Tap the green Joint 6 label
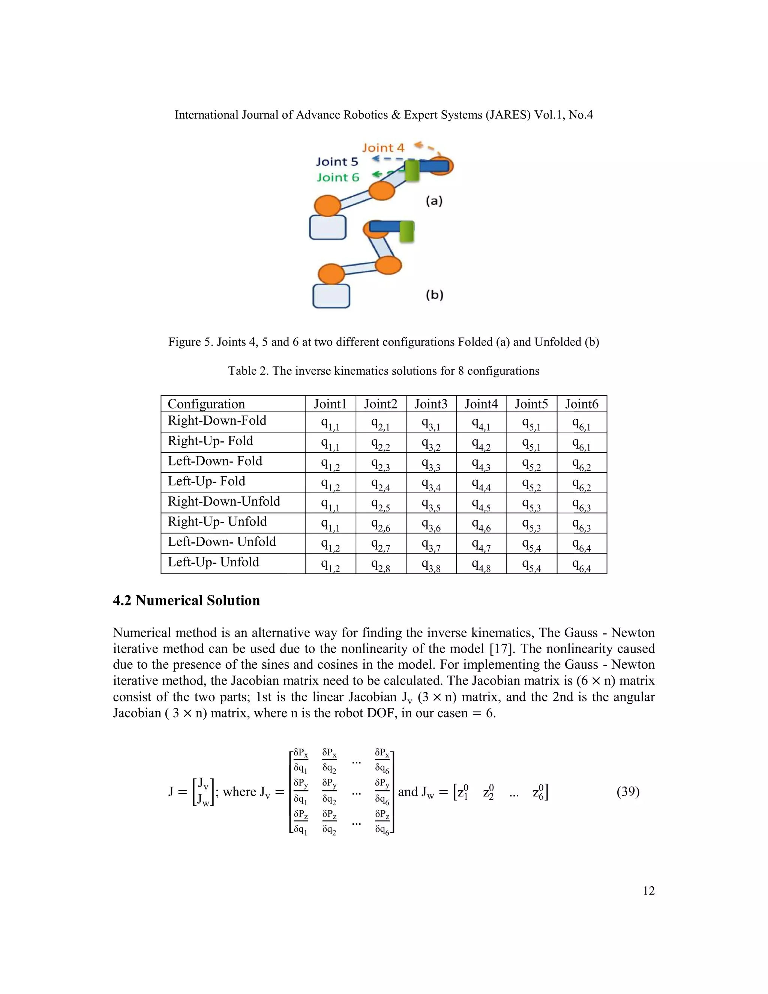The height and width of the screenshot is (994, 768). tap(337, 177)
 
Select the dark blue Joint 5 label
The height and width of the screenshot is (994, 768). tap(337, 162)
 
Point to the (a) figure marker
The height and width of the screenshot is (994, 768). tap(434, 201)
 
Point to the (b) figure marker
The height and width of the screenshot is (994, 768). tap(434, 295)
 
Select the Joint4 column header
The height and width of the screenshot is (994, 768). tap(481, 404)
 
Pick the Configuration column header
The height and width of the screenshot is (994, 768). tap(206, 404)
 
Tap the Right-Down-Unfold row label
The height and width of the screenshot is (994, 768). tap(224, 501)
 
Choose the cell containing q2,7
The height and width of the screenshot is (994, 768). tap(380, 544)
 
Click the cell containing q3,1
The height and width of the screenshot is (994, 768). tap(430, 423)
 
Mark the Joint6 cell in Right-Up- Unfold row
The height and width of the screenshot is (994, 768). tap(582, 524)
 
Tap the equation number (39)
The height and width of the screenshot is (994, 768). tap(628, 791)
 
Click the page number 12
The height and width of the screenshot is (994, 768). tap(648, 904)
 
